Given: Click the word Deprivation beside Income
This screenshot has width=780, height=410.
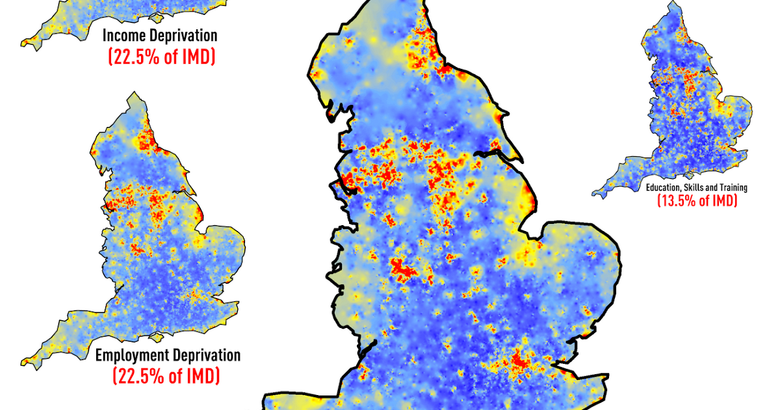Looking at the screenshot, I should coord(184,35).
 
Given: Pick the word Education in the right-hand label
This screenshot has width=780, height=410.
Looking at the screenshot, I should coord(662,187).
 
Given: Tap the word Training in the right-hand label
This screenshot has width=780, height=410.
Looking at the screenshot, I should coord(733,187).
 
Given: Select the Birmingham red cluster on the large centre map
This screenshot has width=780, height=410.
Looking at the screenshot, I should coord(403,268).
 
